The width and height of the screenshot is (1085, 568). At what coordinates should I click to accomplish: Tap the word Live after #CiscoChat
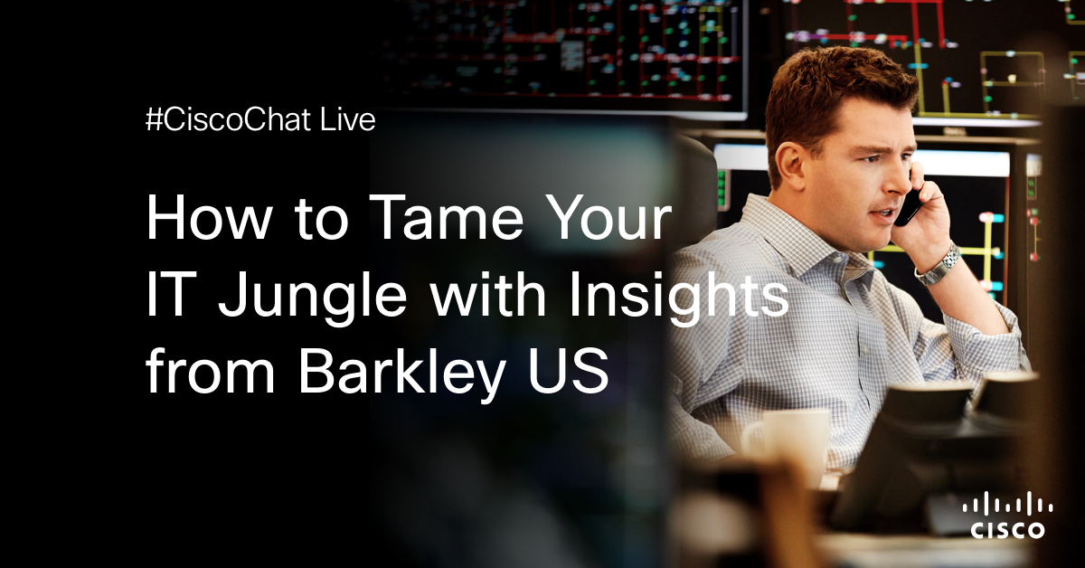[x=347, y=119]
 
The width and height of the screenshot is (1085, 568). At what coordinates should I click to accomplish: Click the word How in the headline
[x=209, y=217]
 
